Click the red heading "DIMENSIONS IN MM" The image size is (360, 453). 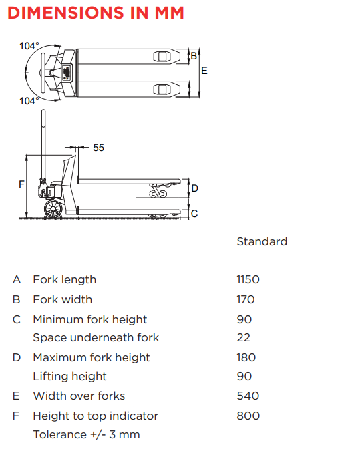click(96, 13)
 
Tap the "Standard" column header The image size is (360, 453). click(262, 241)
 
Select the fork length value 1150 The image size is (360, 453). click(248, 279)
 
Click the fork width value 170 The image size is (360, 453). click(246, 299)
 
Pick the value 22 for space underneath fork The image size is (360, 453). click(243, 337)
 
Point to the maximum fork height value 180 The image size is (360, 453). click(246, 357)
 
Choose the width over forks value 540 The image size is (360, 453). click(248, 396)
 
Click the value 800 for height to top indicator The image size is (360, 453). click(248, 416)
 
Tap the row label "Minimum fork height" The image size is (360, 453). click(90, 319)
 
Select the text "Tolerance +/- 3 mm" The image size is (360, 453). click(87, 434)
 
